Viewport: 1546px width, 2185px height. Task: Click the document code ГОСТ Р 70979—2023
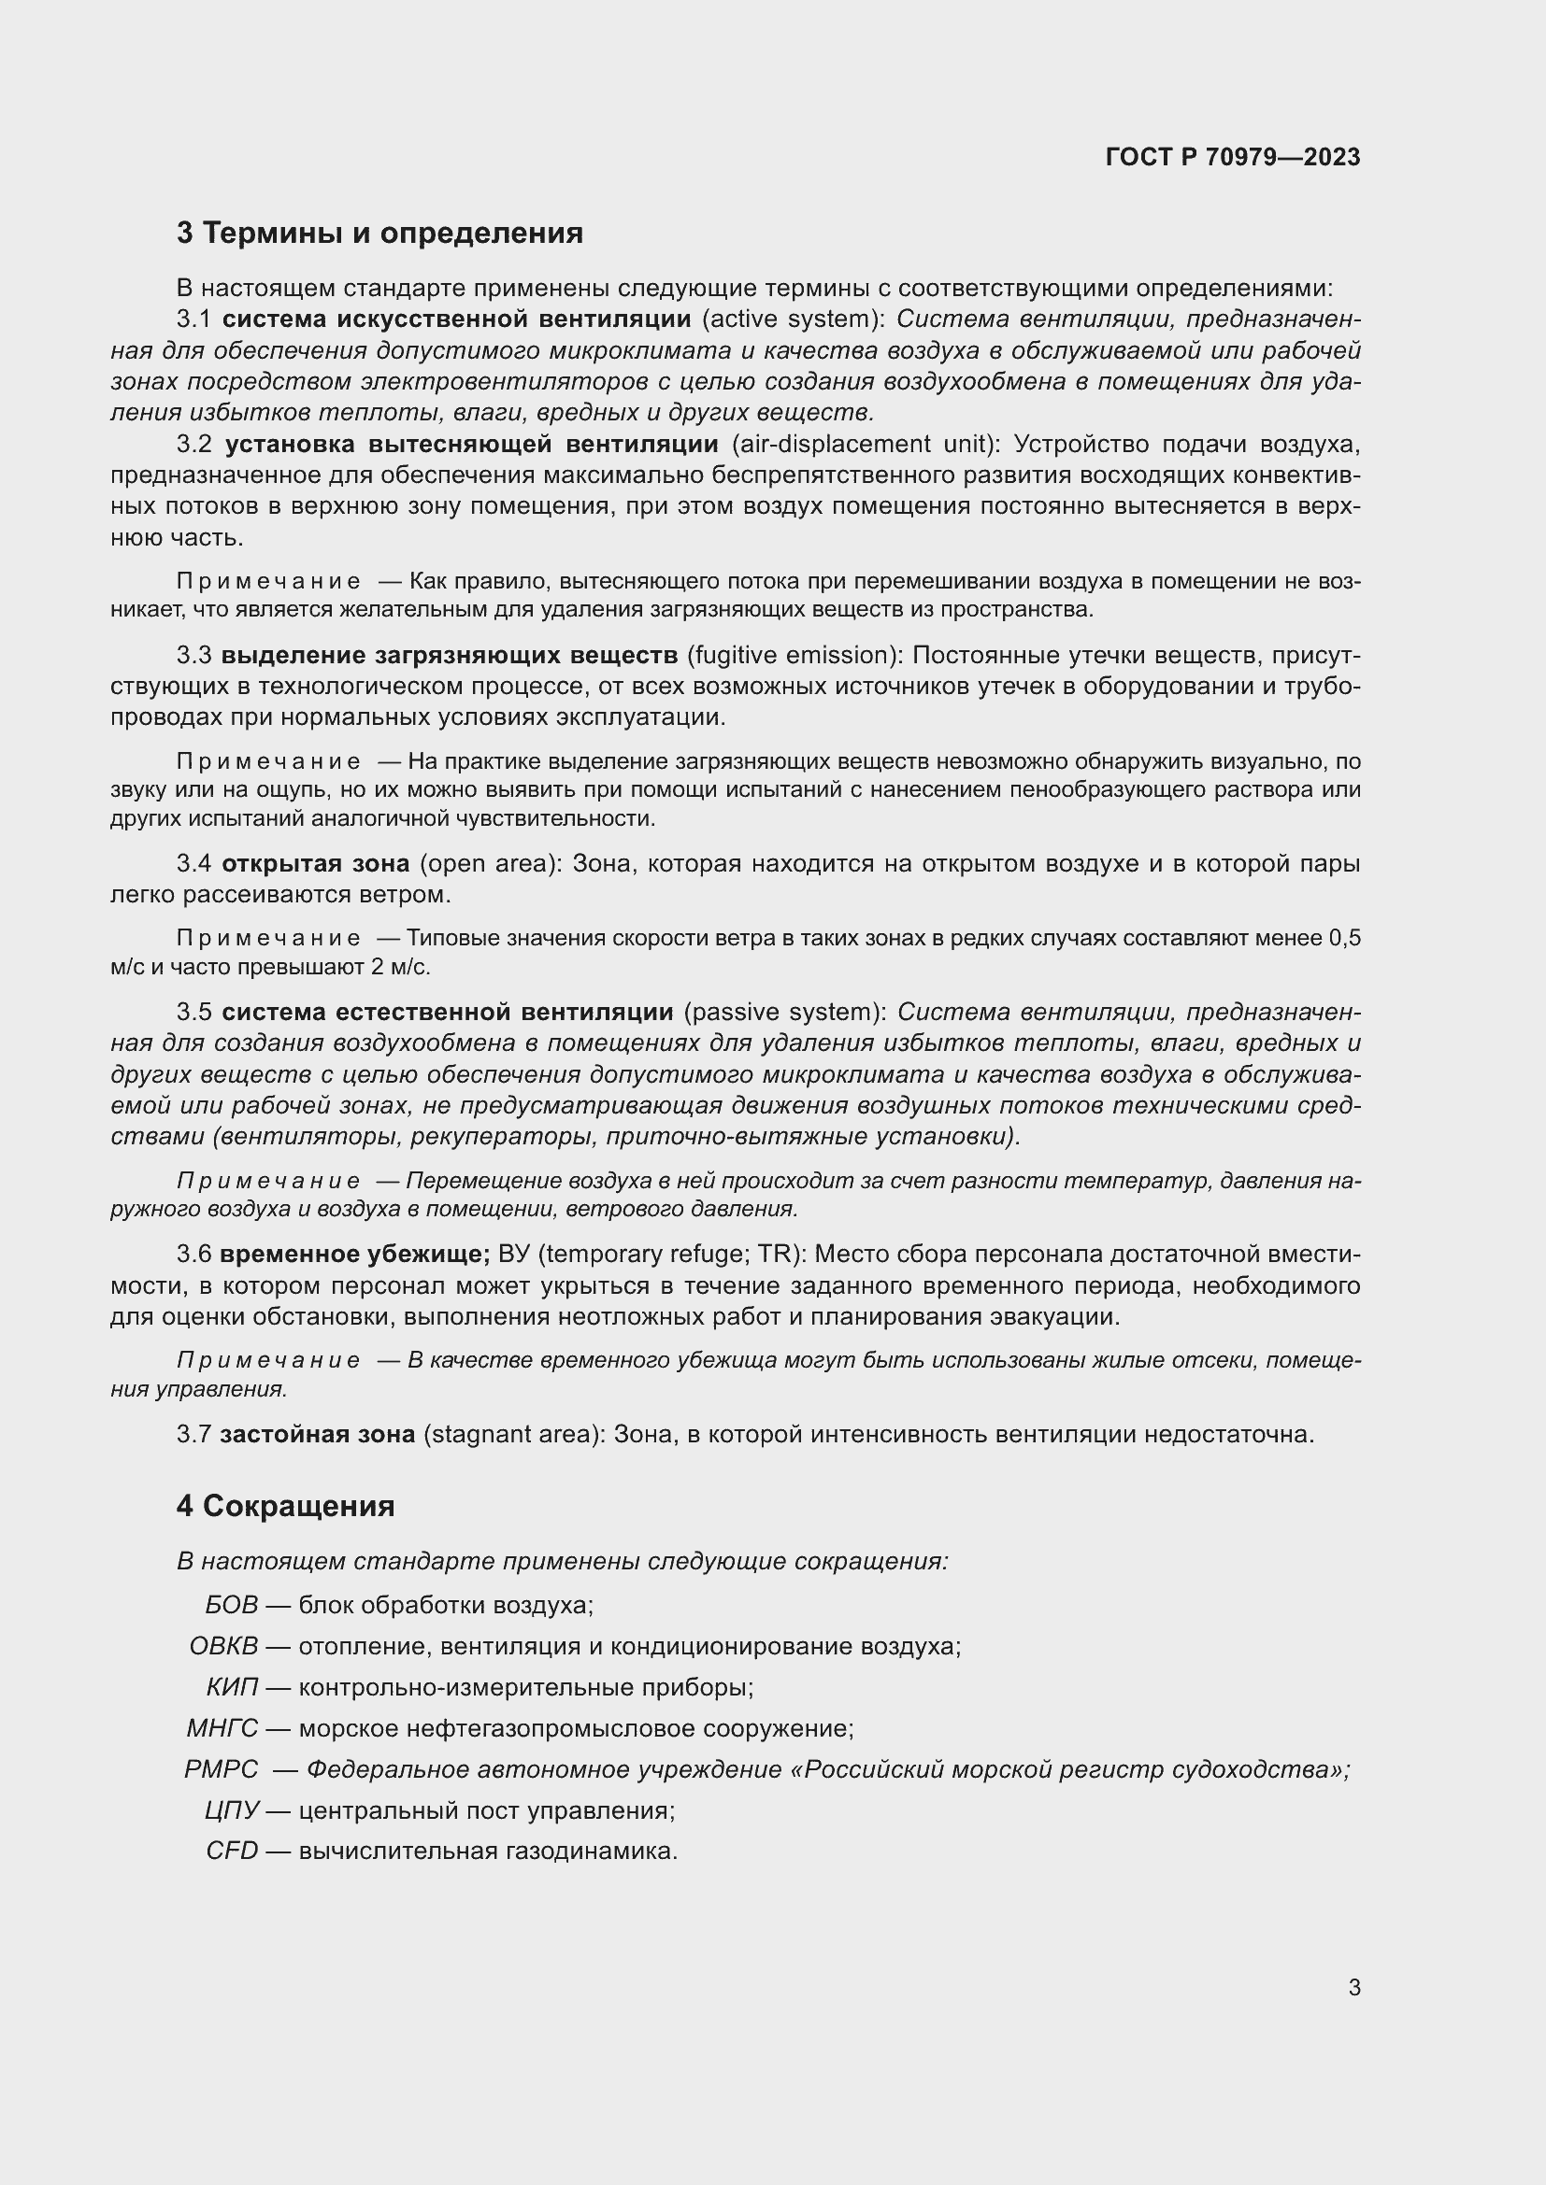pyautogui.click(x=1232, y=157)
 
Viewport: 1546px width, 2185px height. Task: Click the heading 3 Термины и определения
pyautogui.click(x=379, y=234)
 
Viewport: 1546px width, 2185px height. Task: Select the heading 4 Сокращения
pyautogui.click(x=286, y=1507)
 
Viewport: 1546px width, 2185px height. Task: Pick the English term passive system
pyautogui.click(x=784, y=1012)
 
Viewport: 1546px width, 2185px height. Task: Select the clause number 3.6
pyautogui.click(x=194, y=1256)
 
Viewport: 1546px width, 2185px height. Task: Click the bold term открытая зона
pyautogui.click(x=315, y=864)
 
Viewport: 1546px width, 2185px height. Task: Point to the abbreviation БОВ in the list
pyautogui.click(x=231, y=1606)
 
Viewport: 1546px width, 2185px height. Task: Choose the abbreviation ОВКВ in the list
pyautogui.click(x=223, y=1646)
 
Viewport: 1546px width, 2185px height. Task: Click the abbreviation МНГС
pyautogui.click(x=222, y=1728)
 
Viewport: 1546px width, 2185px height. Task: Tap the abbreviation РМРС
pyautogui.click(x=221, y=1769)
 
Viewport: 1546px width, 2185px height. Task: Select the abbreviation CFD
pyautogui.click(x=231, y=1851)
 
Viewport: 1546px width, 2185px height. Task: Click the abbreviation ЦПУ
pyautogui.click(x=231, y=1810)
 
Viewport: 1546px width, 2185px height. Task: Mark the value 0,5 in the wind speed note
pyautogui.click(x=1344, y=939)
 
